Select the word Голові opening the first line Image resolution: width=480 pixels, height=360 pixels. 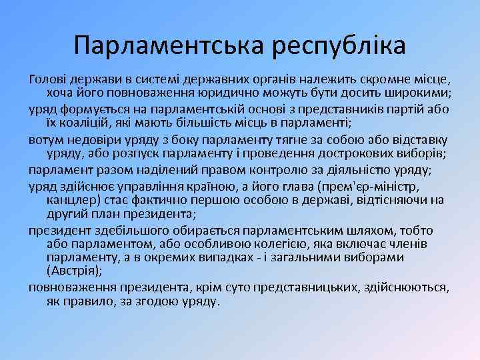point(47,79)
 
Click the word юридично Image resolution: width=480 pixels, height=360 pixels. point(257,91)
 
